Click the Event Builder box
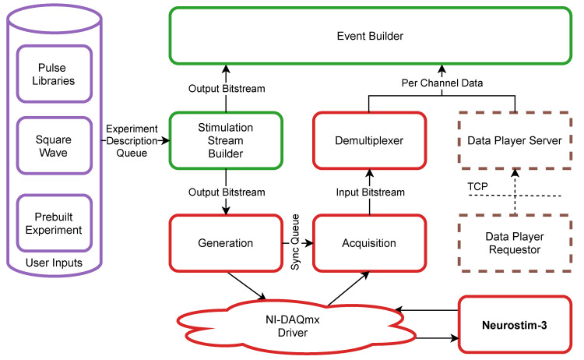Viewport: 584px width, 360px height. coord(370,35)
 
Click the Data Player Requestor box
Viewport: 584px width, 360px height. coord(514,242)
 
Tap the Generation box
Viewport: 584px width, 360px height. coord(225,242)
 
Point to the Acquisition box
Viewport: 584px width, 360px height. coord(369,242)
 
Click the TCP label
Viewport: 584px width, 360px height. coord(476,188)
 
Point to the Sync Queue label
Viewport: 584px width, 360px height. coord(296,242)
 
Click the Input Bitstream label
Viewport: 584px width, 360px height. coord(369,192)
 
